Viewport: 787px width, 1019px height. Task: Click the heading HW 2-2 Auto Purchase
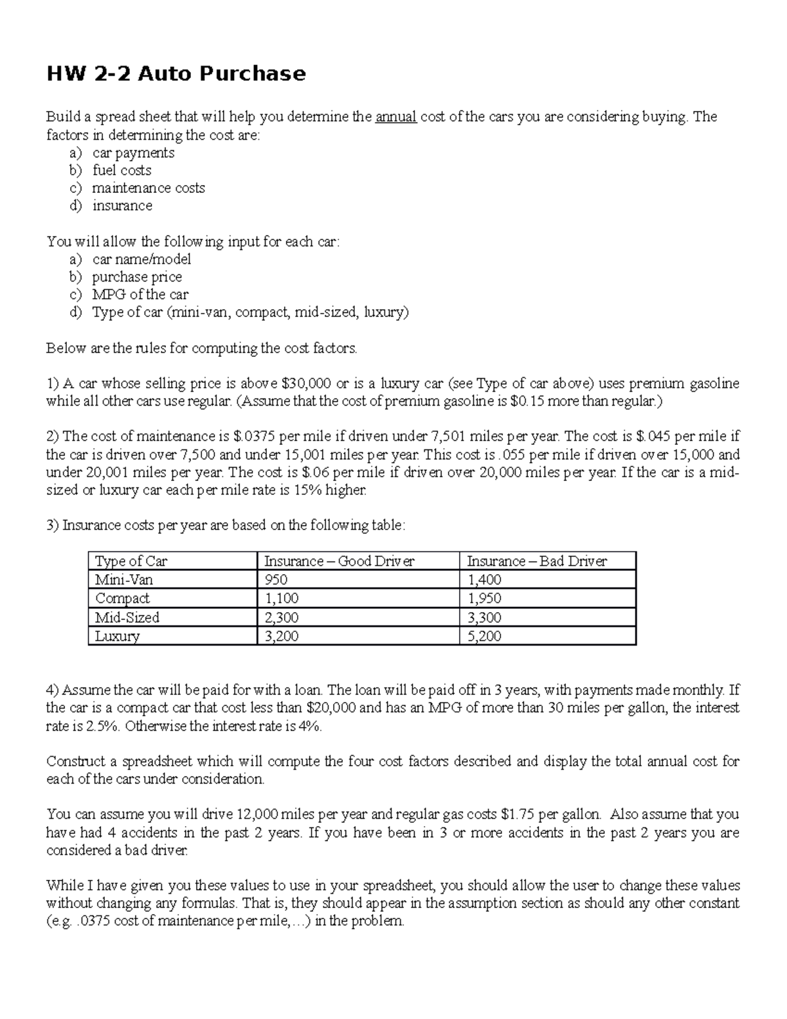pyautogui.click(x=176, y=73)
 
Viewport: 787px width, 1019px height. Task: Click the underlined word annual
pyautogui.click(x=396, y=117)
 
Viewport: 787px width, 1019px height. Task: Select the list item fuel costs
pyautogui.click(x=122, y=171)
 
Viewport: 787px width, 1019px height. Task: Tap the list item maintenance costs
pyautogui.click(x=149, y=188)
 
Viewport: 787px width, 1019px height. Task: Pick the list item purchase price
pyautogui.click(x=137, y=277)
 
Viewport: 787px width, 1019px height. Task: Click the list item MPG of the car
pyautogui.click(x=140, y=295)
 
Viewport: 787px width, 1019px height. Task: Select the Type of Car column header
pyautogui.click(x=131, y=561)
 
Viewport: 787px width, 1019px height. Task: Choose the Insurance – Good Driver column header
pyautogui.click(x=339, y=561)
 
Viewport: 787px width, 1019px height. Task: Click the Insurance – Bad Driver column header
pyautogui.click(x=536, y=561)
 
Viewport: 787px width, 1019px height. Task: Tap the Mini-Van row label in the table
pyautogui.click(x=124, y=580)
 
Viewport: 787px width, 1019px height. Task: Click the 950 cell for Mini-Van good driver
pyautogui.click(x=275, y=580)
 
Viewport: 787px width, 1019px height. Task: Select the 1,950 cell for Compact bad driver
pyautogui.click(x=484, y=598)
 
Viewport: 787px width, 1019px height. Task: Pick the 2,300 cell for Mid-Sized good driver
pyautogui.click(x=281, y=617)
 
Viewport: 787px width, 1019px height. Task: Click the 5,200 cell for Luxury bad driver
pyautogui.click(x=484, y=636)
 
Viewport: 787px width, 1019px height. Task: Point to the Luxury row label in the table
pyautogui.click(x=117, y=636)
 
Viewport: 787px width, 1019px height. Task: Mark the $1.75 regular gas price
pyautogui.click(x=518, y=815)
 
